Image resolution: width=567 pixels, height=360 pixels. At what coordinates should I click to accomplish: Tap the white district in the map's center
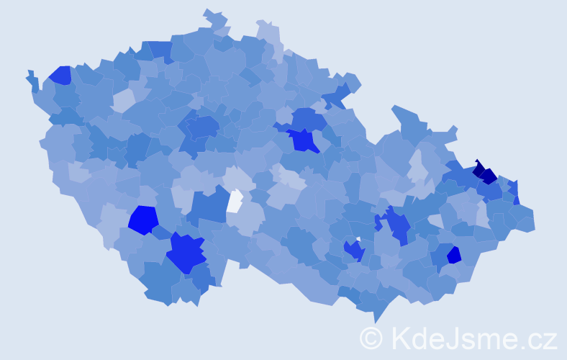tap(235, 200)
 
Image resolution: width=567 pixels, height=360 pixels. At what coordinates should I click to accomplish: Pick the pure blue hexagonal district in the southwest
tap(143, 220)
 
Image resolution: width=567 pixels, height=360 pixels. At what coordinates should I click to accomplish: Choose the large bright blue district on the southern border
tap(186, 254)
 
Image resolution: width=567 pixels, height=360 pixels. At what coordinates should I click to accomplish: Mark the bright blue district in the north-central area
tap(303, 140)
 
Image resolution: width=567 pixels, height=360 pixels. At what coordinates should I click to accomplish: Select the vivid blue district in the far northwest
tap(60, 76)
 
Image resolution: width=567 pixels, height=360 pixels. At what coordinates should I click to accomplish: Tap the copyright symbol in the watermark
tap(371, 337)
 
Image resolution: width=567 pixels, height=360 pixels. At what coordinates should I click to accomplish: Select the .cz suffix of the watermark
tap(537, 337)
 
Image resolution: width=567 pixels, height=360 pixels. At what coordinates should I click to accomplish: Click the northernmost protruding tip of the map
tap(209, 12)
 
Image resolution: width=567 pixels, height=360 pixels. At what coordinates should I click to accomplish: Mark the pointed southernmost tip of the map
tap(376, 320)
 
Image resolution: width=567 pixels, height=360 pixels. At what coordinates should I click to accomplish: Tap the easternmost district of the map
tap(527, 219)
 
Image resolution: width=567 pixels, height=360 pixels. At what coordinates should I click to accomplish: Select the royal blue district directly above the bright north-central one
tap(308, 118)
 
